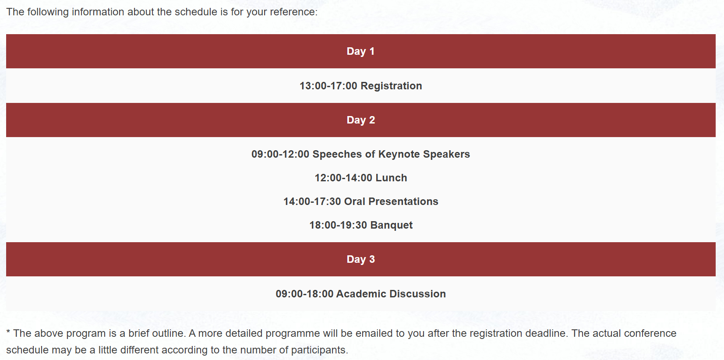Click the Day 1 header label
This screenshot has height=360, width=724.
click(360, 51)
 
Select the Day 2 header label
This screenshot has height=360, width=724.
click(361, 120)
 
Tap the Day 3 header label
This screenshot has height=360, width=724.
click(361, 259)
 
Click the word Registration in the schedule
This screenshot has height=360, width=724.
click(391, 86)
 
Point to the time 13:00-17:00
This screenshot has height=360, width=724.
click(328, 86)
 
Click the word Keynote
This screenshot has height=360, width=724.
click(399, 154)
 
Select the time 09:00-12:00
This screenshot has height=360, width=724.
click(280, 154)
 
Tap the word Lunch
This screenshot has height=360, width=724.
click(391, 178)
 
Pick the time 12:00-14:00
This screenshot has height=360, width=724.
click(343, 178)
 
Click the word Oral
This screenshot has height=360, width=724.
click(355, 201)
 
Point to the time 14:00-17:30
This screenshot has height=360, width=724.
click(312, 201)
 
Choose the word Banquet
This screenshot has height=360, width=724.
click(392, 225)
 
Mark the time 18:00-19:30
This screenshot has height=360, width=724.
click(338, 225)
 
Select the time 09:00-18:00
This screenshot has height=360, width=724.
click(304, 294)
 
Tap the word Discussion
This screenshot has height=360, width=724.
click(417, 294)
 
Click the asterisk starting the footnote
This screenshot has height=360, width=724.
click(8, 332)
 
